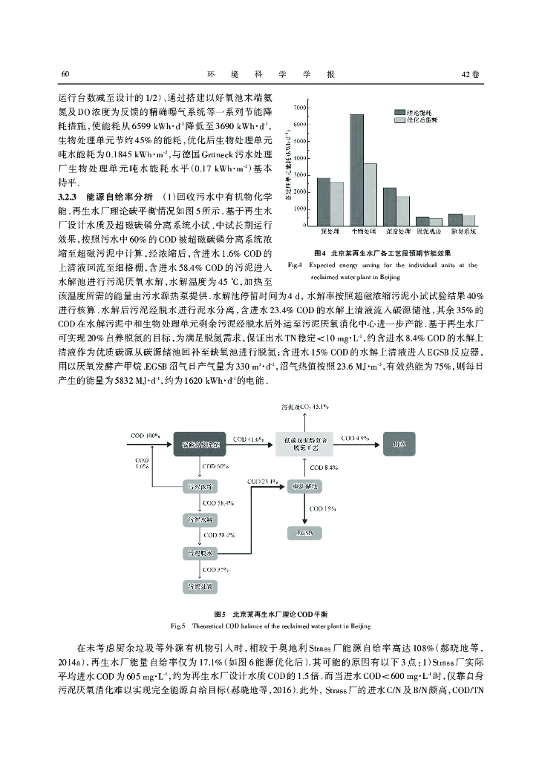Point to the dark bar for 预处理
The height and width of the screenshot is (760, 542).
point(323,201)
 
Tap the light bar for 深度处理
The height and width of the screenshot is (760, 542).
point(403,211)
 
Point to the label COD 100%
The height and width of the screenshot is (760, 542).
point(146,433)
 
